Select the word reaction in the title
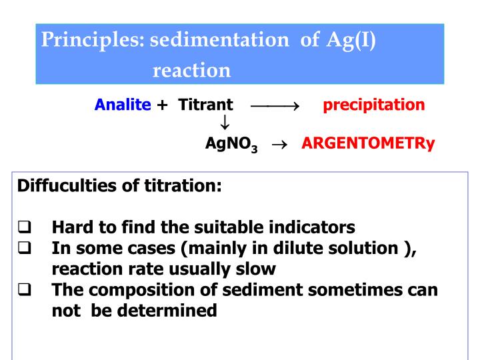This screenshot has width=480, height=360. tap(191, 70)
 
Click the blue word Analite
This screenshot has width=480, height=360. tap(123, 105)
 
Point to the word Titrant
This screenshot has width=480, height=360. tap(206, 105)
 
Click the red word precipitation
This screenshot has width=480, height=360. tap(373, 105)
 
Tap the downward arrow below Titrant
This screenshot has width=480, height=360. tap(225, 123)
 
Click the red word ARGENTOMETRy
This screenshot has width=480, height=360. tap(368, 143)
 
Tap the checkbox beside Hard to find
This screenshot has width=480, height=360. tap(25, 227)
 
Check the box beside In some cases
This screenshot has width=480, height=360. tap(25, 247)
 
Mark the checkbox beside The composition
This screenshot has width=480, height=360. tap(25, 289)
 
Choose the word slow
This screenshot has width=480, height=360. tap(256, 269)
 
